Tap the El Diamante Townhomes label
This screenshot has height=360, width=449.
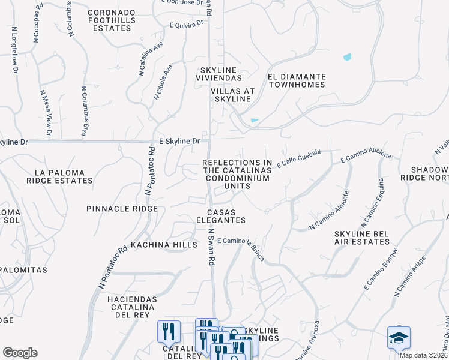coord(297,80)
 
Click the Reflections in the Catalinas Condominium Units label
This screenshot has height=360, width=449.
coord(237,175)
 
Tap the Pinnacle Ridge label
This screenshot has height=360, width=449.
coord(122,209)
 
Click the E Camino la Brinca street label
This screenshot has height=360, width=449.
coord(241,241)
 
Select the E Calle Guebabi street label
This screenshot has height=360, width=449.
coord(299,158)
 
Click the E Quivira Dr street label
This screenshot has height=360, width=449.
coord(187,25)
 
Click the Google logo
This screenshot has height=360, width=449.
coord(20,353)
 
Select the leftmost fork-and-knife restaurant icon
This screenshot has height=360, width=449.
coord(169,331)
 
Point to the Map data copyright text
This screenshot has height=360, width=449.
coord(423,355)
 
